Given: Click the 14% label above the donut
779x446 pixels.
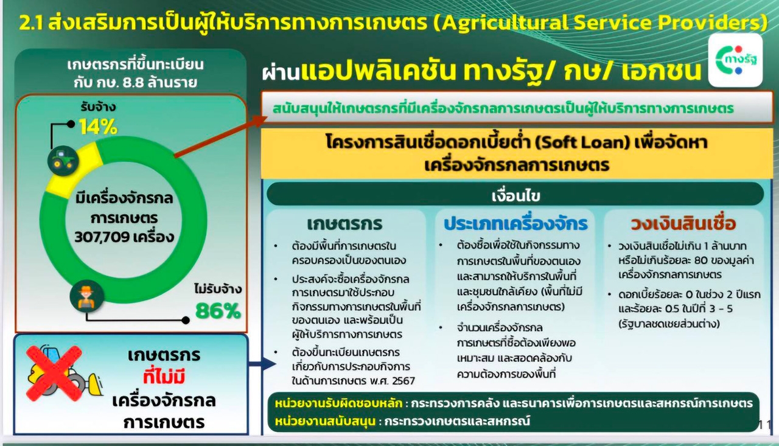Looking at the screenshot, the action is click(99, 127).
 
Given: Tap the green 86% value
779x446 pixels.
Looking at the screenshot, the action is click(218, 311).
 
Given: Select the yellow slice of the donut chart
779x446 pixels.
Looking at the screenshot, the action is click(74, 170).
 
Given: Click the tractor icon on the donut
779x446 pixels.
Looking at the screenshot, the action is click(63, 161).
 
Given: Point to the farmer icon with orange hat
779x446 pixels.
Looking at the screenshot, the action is click(86, 296).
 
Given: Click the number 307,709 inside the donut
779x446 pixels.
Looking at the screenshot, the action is click(100, 237).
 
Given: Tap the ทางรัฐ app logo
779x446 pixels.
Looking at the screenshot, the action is click(736, 60).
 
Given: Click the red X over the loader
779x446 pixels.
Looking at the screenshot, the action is click(54, 374).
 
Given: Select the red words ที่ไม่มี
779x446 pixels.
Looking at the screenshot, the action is click(164, 377).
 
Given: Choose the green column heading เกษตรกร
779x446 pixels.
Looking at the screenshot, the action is click(344, 224).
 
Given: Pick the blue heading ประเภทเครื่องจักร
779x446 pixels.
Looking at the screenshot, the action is click(515, 224).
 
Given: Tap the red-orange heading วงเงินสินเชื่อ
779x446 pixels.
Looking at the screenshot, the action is click(683, 224).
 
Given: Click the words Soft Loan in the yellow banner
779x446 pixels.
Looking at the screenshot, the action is click(583, 142).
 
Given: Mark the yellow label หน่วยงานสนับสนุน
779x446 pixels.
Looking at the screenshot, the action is click(325, 421).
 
